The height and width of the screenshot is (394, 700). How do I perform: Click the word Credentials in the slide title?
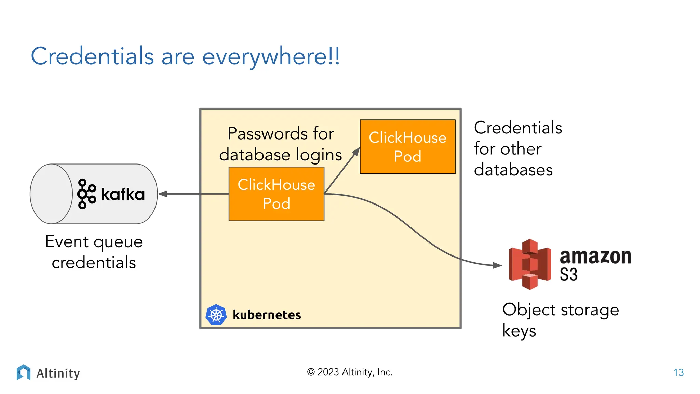pos(92,56)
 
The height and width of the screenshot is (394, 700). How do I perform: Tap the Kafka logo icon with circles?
pos(86,194)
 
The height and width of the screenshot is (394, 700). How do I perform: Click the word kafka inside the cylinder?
pos(123,194)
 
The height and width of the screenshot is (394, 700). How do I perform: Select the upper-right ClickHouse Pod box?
pos(407,147)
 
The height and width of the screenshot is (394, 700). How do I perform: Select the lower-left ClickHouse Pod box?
pos(276,194)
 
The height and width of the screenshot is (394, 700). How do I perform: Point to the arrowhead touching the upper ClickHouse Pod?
pos(356,152)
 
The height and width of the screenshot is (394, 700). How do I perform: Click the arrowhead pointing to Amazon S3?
pos(497,265)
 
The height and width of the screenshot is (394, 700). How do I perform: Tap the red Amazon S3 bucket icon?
pos(529,264)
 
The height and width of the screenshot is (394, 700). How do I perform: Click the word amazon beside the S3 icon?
pos(595,257)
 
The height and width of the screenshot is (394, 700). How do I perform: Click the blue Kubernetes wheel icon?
pos(216,315)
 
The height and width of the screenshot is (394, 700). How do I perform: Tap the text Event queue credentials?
pos(94,252)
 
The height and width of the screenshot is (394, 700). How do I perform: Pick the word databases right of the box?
pos(513,170)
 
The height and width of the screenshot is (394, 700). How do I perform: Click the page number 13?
pos(678,372)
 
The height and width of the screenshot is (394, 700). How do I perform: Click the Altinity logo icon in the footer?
pos(24,372)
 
